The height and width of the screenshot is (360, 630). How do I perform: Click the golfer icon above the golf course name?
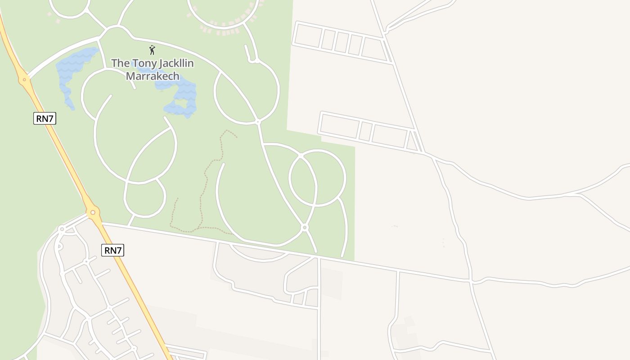(152, 49)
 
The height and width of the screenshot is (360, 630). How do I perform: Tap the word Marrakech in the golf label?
(153, 76)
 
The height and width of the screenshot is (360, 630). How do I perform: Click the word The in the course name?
(120, 63)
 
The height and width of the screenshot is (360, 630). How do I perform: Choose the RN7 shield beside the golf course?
(45, 119)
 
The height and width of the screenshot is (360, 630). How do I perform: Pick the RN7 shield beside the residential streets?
(112, 251)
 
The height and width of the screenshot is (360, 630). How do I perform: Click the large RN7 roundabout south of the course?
(93, 212)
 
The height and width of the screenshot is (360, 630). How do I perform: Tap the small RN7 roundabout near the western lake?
(24, 80)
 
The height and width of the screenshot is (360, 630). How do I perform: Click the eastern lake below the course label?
(182, 97)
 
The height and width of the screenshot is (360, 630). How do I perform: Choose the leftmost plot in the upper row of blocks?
(307, 36)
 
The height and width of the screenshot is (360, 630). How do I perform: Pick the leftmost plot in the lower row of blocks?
(338, 125)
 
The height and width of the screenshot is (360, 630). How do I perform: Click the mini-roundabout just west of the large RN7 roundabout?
(62, 229)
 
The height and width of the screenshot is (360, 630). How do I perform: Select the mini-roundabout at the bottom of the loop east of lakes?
(258, 121)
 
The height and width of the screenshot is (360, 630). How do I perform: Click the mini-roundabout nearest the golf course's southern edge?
(305, 228)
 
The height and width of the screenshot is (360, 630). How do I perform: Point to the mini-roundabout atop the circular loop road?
(301, 156)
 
